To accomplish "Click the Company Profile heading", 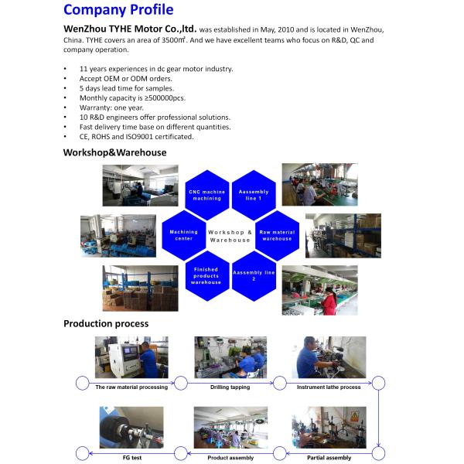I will pyautogui.click(x=118, y=10).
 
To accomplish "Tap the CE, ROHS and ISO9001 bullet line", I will pyautogui.click(x=136, y=136).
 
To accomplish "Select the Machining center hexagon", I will pyautogui.click(x=184, y=234).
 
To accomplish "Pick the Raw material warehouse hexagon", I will pyautogui.click(x=276, y=234).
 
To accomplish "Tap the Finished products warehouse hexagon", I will pyautogui.click(x=206, y=276).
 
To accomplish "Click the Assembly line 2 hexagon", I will pyautogui.click(x=254, y=275).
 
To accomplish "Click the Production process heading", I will pyautogui.click(x=106, y=323).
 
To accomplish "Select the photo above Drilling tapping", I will pyautogui.click(x=230, y=357).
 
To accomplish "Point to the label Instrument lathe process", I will pyautogui.click(x=329, y=387).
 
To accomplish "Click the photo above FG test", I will pyautogui.click(x=131, y=428).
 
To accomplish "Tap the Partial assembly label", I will pyautogui.click(x=328, y=458).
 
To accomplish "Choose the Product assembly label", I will pyautogui.click(x=230, y=458).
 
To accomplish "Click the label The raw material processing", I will pyautogui.click(x=131, y=387).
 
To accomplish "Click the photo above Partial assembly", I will pyautogui.click(x=328, y=428).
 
